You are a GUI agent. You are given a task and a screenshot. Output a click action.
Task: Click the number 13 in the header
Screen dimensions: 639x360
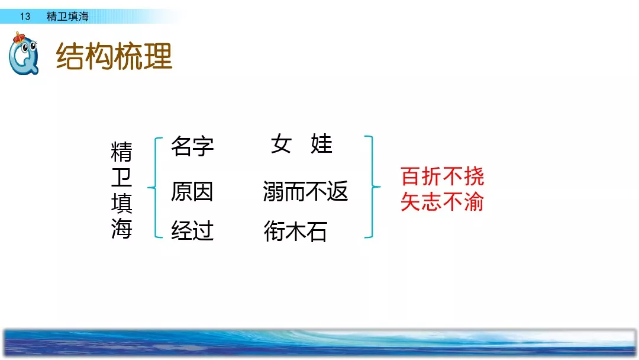tap(25, 17)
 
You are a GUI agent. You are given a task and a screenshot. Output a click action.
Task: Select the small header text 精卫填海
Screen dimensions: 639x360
tap(67, 17)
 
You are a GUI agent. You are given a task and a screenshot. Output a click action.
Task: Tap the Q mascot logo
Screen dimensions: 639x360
tap(24, 54)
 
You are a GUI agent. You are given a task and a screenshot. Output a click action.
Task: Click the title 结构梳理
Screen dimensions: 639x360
tap(114, 56)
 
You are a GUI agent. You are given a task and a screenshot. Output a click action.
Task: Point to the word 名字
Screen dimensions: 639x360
tap(192, 146)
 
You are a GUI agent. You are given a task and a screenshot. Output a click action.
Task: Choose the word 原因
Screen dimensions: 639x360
tap(192, 191)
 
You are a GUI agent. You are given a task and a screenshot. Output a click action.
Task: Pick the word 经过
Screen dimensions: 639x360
tap(192, 230)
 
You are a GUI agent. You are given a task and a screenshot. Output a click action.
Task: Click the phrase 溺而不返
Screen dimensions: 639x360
tap(305, 191)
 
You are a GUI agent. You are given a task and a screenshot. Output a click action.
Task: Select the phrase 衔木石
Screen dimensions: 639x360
tap(295, 231)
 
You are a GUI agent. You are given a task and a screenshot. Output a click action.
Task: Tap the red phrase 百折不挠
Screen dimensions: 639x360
tap(442, 176)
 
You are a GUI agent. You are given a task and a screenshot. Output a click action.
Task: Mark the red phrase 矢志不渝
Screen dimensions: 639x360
tap(442, 201)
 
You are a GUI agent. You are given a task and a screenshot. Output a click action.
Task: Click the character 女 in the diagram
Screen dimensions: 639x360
tap(282, 143)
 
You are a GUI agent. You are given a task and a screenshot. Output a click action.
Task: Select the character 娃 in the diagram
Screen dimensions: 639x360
tap(321, 143)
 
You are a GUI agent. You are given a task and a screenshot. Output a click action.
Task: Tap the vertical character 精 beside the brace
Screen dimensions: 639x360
tap(121, 152)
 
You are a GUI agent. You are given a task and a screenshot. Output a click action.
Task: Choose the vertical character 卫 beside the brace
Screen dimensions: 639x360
tap(121, 178)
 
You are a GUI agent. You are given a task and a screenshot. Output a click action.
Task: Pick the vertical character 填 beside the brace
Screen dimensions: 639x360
tap(121, 203)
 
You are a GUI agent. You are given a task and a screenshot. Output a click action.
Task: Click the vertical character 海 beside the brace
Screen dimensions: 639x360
tap(121, 229)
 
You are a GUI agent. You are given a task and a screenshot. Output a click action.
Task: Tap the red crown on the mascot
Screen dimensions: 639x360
tap(18, 38)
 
